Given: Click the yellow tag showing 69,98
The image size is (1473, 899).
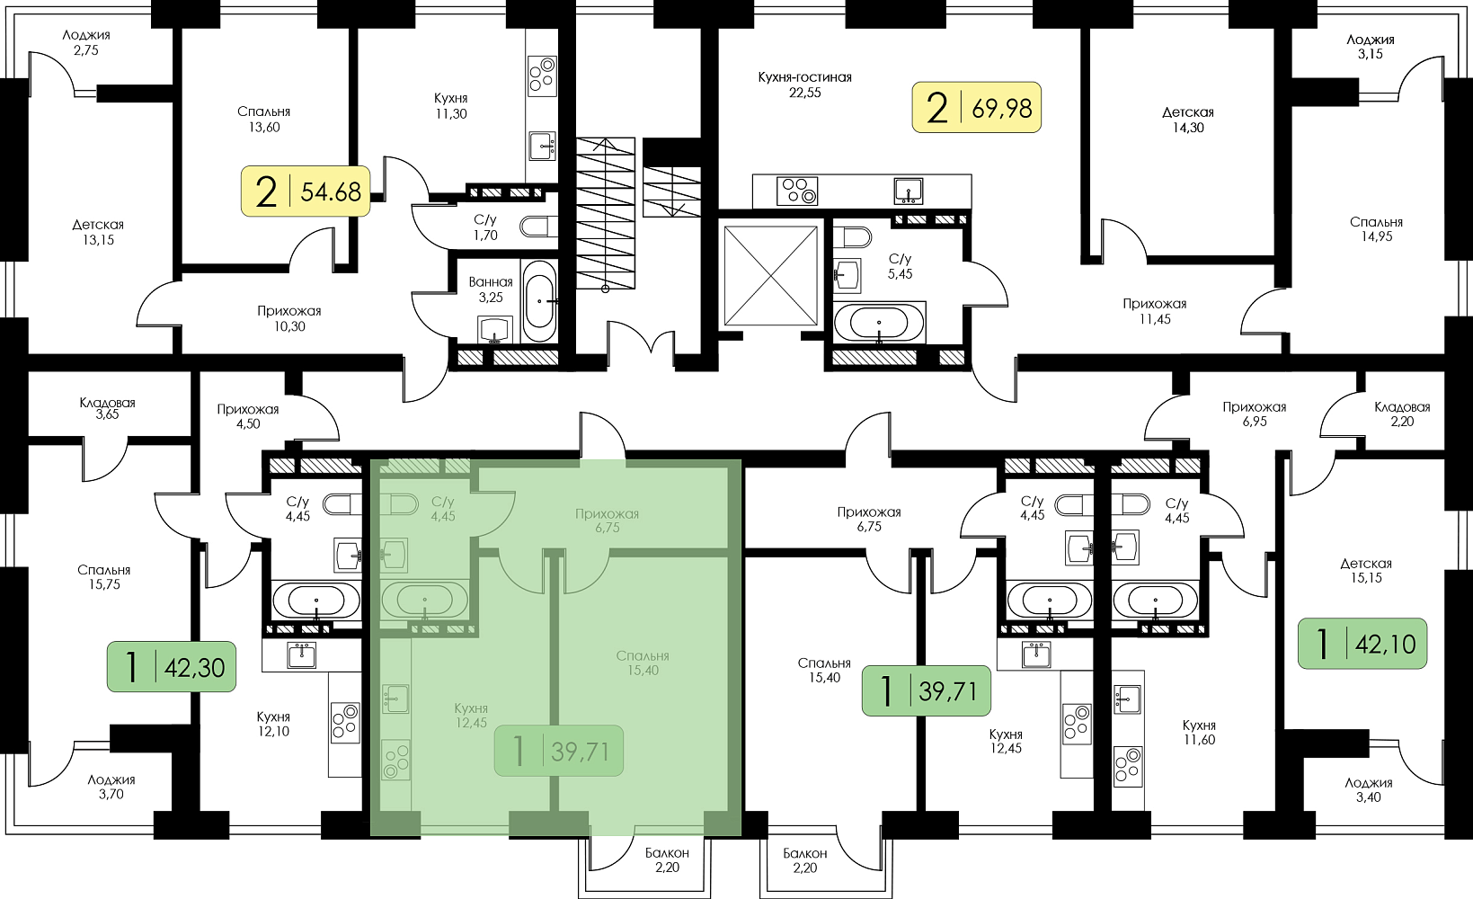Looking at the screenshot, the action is click(976, 107).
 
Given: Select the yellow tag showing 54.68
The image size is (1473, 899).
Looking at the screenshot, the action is click(306, 191).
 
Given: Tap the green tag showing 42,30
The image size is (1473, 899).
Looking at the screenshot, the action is click(171, 667).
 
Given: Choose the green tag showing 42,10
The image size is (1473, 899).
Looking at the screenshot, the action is click(1362, 644).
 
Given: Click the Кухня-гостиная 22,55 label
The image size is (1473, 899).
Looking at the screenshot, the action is click(805, 85).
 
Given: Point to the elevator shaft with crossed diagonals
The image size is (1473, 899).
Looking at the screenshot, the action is click(771, 275).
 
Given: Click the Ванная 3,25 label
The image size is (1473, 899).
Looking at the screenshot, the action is click(491, 289).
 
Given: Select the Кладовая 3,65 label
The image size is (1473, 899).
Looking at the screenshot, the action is click(107, 408).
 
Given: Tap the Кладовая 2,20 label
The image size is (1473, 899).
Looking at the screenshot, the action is click(1402, 414).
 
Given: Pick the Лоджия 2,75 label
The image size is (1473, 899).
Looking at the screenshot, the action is click(86, 42).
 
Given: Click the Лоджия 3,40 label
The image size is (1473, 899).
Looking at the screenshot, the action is click(1369, 790).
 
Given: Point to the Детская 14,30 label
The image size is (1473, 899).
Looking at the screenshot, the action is click(1187, 120).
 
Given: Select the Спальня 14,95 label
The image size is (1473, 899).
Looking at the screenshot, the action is click(1376, 229).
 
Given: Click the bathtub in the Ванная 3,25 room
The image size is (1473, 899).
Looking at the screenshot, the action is click(540, 301).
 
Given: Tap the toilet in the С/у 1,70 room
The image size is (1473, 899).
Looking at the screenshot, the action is click(538, 227).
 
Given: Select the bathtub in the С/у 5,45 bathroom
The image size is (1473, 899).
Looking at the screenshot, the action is click(879, 323).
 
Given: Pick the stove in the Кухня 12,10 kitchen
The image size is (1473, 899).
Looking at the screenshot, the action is click(345, 722).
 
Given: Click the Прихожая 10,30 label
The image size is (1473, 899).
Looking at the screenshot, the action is click(289, 318).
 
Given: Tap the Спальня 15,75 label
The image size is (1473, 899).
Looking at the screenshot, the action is click(104, 577).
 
